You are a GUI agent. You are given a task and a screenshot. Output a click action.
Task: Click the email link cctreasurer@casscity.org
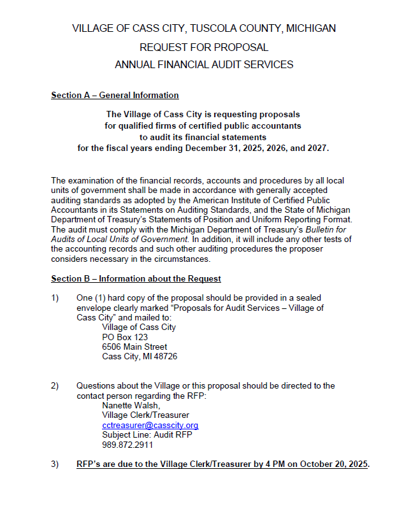(150, 425)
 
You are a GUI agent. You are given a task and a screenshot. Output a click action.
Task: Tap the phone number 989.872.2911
(127, 445)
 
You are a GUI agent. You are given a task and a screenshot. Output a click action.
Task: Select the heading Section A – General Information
(115, 96)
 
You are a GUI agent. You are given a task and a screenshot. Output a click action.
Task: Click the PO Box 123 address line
(125, 337)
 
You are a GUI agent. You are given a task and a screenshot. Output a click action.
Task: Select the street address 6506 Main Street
(134, 347)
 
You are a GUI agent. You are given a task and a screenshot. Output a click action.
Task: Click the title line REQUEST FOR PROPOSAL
(204, 47)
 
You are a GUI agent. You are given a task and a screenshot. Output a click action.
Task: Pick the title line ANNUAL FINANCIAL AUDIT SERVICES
(204, 64)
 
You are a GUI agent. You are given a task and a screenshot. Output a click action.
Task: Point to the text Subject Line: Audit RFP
(147, 434)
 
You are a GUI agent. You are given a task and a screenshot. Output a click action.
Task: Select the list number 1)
(55, 298)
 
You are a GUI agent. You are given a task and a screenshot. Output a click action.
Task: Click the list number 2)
(55, 385)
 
